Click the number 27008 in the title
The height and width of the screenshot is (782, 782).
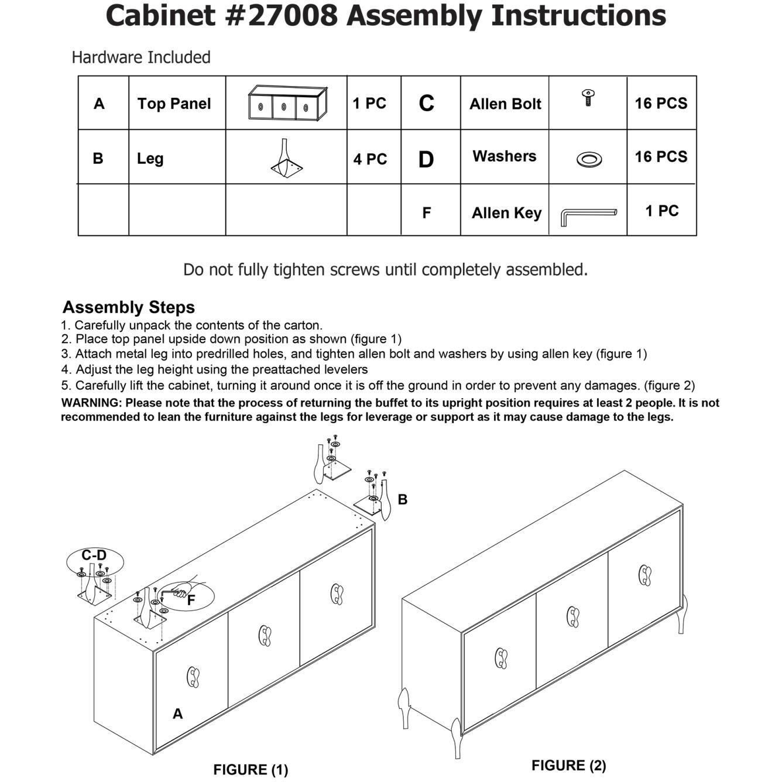(293, 16)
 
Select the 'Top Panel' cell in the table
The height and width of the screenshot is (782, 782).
(174, 104)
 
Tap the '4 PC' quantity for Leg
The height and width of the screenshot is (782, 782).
(370, 159)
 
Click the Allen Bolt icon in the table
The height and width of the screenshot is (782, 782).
(588, 97)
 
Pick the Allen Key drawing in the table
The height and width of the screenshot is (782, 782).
(588, 215)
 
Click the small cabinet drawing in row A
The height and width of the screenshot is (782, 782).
(287, 104)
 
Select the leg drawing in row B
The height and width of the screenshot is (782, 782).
(286, 158)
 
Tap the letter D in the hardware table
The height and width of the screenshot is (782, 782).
(426, 159)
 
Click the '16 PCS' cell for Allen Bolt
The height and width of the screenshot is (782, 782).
(661, 103)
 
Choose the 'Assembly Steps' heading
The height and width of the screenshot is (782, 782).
(129, 307)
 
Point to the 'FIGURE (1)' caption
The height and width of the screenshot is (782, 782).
(251, 769)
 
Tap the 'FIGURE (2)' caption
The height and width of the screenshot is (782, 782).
(568, 765)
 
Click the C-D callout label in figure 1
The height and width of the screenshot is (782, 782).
(94, 555)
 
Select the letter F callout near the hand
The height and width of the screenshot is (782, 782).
(191, 600)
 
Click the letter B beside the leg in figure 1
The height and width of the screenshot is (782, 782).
(402, 499)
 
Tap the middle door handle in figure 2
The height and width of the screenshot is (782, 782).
(573, 617)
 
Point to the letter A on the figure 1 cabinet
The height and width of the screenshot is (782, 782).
(177, 714)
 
